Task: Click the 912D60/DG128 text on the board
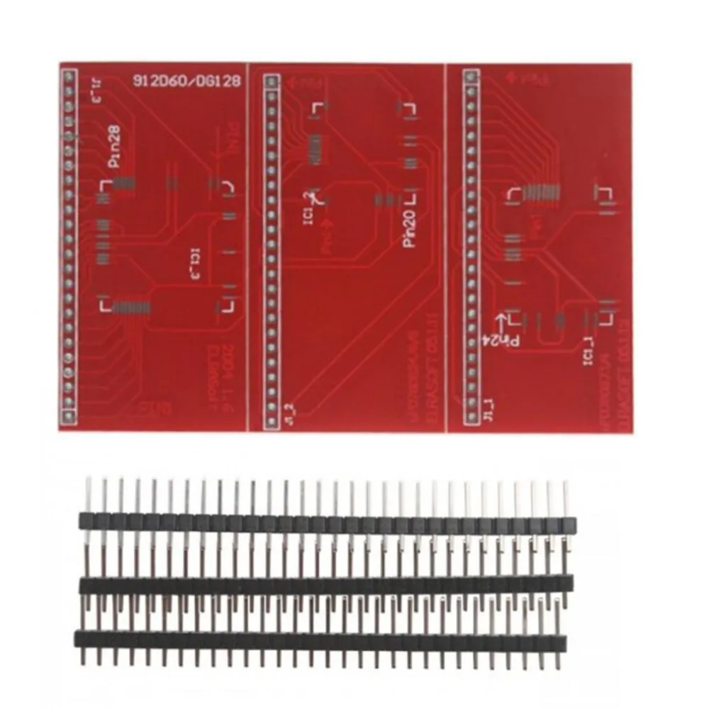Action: click(186, 81)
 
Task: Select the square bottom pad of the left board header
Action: click(69, 416)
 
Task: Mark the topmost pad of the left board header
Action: click(69, 74)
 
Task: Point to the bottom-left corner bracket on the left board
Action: click(104, 306)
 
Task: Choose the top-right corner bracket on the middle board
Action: click(407, 108)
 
